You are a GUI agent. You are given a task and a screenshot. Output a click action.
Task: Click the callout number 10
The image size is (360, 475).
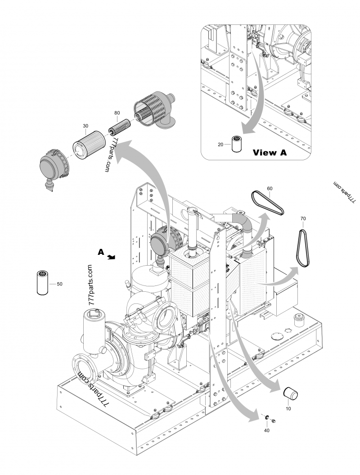click(x=288, y=409)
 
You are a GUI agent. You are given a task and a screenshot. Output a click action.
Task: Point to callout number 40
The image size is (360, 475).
click(x=266, y=430)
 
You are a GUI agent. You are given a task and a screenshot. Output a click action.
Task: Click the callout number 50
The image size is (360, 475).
click(x=59, y=284)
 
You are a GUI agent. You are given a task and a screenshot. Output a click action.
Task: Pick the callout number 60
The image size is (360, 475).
click(x=270, y=188)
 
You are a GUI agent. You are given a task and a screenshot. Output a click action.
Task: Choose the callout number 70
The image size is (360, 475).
click(x=303, y=218)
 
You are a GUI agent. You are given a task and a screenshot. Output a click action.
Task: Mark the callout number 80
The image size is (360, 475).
click(x=117, y=113)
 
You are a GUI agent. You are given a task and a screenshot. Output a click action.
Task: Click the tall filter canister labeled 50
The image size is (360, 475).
click(x=42, y=282)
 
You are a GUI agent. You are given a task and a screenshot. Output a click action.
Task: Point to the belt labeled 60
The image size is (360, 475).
click(x=268, y=204)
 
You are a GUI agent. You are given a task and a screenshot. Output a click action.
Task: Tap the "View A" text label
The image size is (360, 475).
click(x=270, y=152)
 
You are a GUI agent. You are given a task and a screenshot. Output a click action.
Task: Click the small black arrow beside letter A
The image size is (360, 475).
click(x=112, y=258)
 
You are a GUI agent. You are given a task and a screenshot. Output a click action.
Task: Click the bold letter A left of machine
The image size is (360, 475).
click(x=101, y=252)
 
